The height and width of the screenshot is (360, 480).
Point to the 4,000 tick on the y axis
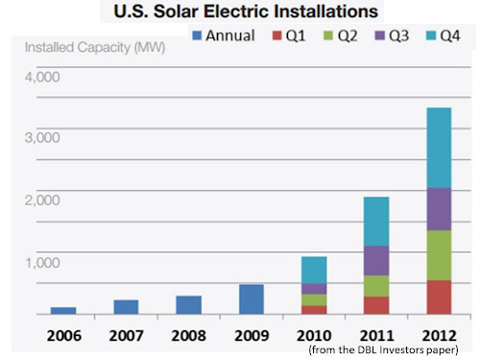point(42,75)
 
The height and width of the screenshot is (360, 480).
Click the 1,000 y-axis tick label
point(42,261)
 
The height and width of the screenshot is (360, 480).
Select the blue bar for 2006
point(63,310)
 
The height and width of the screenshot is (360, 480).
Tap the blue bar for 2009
point(252,299)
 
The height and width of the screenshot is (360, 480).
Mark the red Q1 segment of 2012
point(439,297)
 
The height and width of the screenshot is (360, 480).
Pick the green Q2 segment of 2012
point(439,255)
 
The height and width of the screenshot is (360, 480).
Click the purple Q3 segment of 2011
point(376,260)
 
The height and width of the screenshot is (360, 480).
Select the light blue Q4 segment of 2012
point(439,148)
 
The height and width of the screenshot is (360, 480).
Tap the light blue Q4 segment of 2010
point(314,270)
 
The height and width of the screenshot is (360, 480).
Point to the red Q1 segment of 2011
point(376,304)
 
